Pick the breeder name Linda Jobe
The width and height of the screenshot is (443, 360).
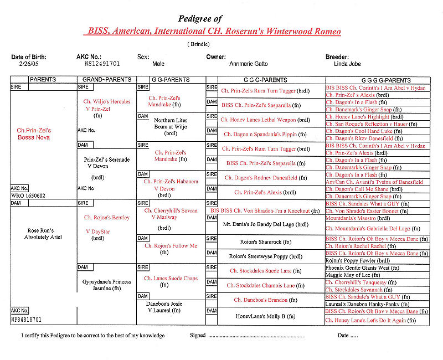[341, 64]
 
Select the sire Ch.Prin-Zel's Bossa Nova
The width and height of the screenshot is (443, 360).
[38, 133]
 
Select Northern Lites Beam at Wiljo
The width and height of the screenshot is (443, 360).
[171, 127]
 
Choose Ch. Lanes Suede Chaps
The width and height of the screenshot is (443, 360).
[171, 279]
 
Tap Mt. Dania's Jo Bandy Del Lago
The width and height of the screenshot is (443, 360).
[265, 225]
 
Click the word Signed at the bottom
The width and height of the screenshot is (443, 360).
[198, 335]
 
